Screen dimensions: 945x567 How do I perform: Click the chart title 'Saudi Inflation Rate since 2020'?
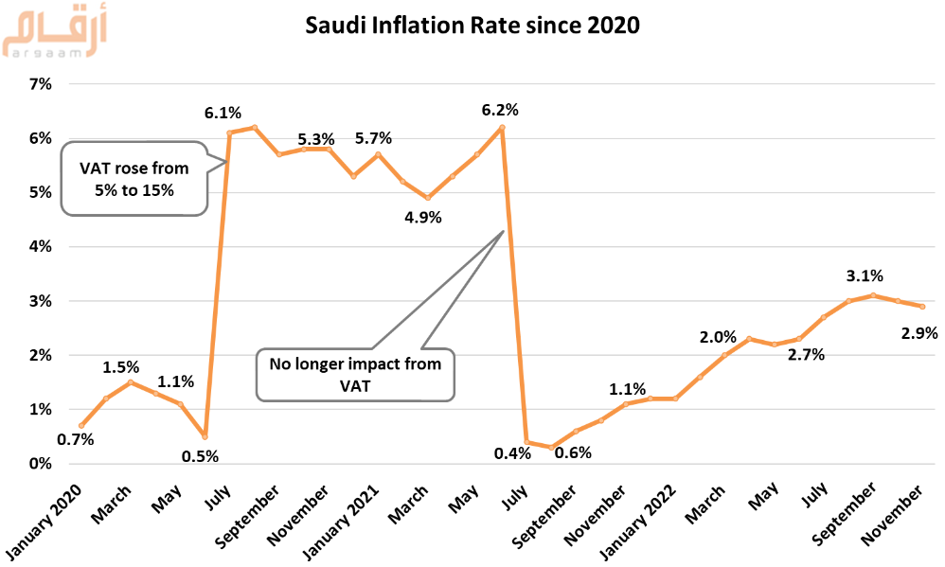point(472,26)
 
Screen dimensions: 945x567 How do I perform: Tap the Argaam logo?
point(54,33)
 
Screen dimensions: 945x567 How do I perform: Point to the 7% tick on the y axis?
point(41,84)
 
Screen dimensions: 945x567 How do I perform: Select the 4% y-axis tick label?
point(41,246)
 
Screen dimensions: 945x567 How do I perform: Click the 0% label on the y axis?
point(41,464)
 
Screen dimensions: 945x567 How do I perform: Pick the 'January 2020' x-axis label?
point(44,522)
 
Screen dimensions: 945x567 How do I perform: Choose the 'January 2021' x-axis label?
point(341,522)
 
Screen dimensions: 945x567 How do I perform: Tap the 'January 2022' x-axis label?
point(638,522)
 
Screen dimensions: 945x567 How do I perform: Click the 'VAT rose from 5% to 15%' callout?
point(134,179)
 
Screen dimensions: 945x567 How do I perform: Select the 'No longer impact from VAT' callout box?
point(355,374)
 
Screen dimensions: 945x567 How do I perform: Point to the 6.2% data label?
point(500,110)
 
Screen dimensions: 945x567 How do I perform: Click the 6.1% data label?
point(223,113)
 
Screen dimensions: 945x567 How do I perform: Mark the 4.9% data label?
point(423,218)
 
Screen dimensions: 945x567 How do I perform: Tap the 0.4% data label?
point(512,453)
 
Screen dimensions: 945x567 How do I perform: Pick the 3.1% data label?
point(865,276)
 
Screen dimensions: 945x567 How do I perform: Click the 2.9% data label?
point(919,332)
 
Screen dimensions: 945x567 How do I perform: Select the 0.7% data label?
point(76,440)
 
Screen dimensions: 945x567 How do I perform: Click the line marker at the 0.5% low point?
point(205,437)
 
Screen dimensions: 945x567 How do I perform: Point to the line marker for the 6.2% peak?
point(502,127)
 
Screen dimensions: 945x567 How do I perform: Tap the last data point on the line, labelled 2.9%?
point(922,307)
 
